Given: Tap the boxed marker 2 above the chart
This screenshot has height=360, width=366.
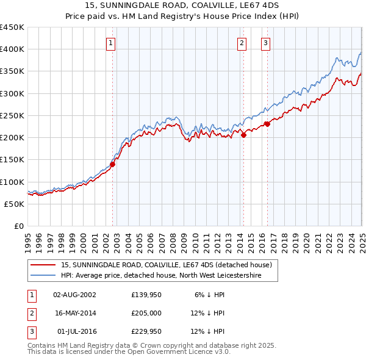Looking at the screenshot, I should (x=242, y=43).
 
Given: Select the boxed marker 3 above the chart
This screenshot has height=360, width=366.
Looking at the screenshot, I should (x=266, y=43).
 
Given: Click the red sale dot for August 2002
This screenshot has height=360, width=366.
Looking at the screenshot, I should (x=112, y=164).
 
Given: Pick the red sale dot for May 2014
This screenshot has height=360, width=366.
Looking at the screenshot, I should (x=243, y=135).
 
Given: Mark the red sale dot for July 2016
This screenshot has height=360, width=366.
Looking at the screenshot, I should (x=267, y=124).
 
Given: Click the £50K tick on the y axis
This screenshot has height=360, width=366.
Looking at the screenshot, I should (x=15, y=204).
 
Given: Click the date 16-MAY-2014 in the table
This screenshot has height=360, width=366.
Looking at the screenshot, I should (x=75, y=313).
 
